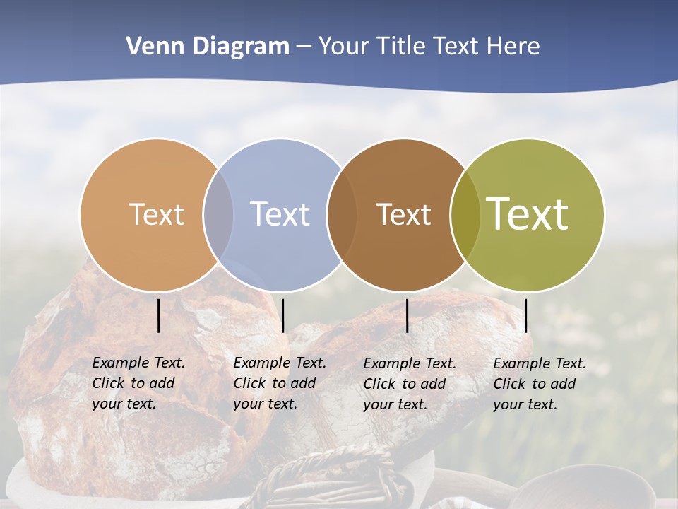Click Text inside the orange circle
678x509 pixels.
(x=156, y=214)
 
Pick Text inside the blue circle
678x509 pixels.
(x=280, y=214)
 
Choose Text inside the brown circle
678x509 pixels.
(x=403, y=214)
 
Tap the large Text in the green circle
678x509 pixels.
(x=528, y=213)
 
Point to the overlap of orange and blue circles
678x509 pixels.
(x=218, y=215)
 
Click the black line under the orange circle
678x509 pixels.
(x=159, y=315)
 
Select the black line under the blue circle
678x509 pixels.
(x=282, y=315)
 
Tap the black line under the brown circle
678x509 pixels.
(x=408, y=315)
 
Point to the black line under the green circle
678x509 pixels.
(x=526, y=315)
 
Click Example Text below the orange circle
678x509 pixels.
(x=138, y=363)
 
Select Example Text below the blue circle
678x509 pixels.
(x=280, y=363)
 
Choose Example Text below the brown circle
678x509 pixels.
(x=410, y=363)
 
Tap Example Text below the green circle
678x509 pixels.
(x=540, y=363)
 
